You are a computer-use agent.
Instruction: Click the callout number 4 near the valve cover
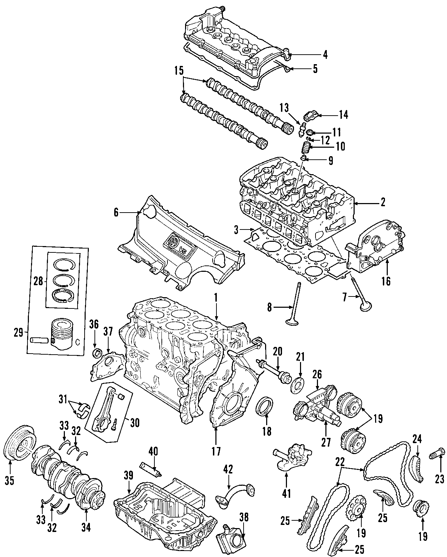[325, 55]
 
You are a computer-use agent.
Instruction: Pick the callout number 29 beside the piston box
[18, 332]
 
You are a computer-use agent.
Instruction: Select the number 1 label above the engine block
[216, 298]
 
